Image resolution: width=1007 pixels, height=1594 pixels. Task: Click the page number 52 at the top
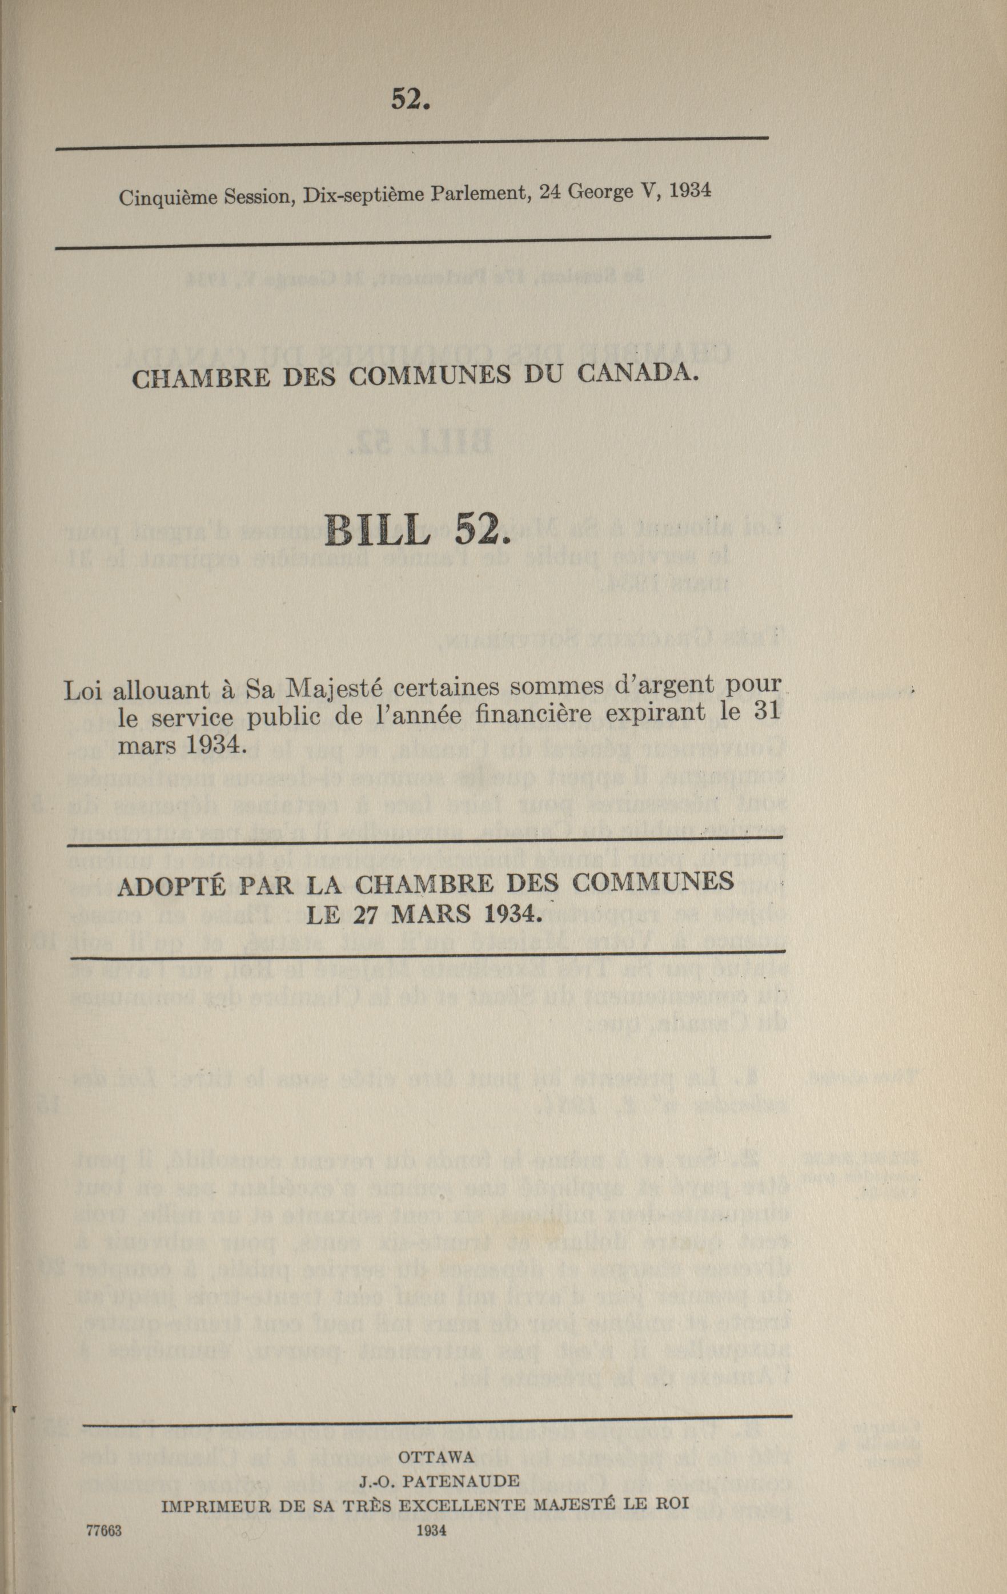tap(411, 99)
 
